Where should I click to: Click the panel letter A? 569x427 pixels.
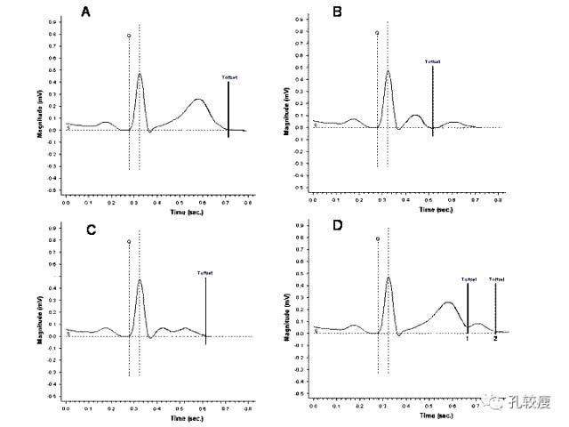(85, 12)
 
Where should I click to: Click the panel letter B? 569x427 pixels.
(337, 12)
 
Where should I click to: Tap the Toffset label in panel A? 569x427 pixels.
(229, 77)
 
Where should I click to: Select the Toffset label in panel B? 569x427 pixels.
(432, 61)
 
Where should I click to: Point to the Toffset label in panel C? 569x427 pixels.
(205, 273)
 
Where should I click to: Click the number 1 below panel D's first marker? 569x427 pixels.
(467, 338)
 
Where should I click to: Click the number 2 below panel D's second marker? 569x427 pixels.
(495, 338)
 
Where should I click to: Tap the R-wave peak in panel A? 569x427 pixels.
(140, 74)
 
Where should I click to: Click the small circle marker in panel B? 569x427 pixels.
(377, 34)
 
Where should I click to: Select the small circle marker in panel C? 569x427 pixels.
(129, 241)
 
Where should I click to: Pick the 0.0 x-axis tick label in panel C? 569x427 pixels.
(66, 407)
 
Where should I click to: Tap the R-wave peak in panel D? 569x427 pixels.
(389, 278)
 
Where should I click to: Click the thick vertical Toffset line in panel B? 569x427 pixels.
(432, 98)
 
